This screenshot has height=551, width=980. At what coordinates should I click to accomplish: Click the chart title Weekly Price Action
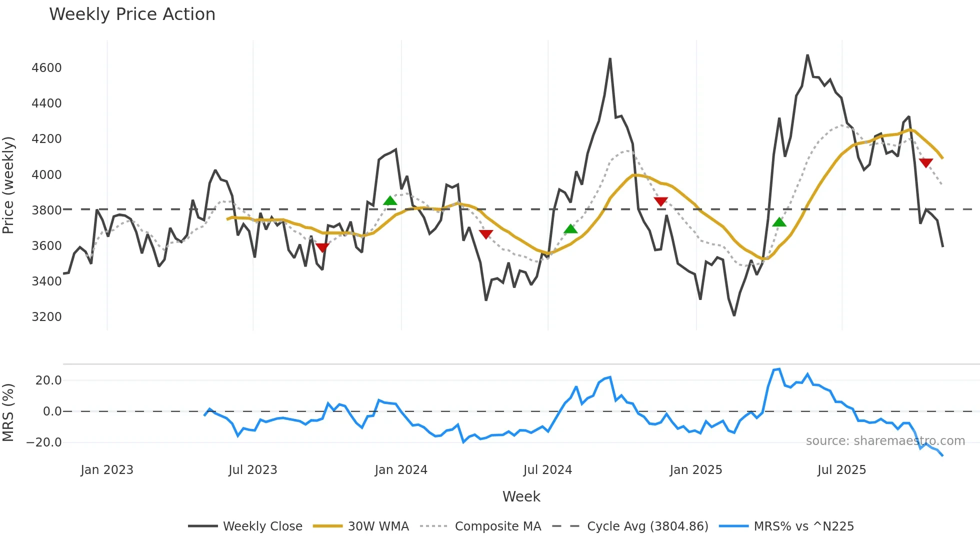[x=132, y=14]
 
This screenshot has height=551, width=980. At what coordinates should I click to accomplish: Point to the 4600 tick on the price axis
[x=46, y=68]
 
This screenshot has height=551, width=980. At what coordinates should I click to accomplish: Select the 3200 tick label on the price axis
[x=46, y=317]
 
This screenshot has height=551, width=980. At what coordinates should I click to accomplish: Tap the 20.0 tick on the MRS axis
[x=48, y=380]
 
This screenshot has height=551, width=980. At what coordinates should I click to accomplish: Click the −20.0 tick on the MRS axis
[x=44, y=442]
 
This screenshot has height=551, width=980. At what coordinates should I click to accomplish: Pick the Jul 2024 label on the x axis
[x=547, y=470]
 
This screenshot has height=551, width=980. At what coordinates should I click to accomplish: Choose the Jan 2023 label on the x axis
[x=107, y=470]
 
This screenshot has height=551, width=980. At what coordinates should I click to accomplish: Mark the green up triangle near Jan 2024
[x=390, y=201]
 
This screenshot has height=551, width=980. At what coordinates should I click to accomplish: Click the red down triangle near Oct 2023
[x=322, y=247]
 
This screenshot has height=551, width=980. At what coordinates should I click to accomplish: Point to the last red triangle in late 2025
[x=925, y=163]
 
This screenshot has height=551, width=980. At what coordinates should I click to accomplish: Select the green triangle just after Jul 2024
[x=570, y=229]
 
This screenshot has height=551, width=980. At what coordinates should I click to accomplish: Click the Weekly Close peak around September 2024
[x=610, y=59]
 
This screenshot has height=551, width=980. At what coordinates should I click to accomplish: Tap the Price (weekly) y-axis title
[x=8, y=185]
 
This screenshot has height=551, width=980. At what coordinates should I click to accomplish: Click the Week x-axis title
[x=521, y=496]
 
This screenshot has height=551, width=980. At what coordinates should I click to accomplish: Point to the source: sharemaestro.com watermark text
[x=885, y=441]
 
